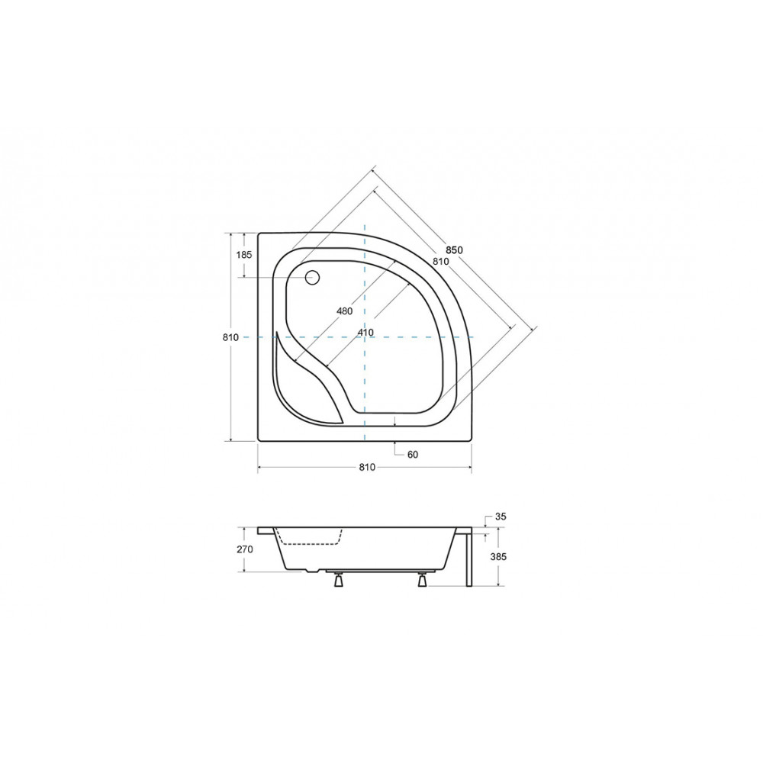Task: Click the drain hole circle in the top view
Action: coord(312,278)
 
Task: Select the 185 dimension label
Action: coord(244,254)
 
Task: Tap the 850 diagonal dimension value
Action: coord(454,250)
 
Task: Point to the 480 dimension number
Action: coord(345,311)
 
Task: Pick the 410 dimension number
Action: coord(365,333)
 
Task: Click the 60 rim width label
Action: coord(413,455)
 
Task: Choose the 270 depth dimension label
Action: coord(245,549)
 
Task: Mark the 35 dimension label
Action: coord(501,517)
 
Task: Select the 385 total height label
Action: coord(498,557)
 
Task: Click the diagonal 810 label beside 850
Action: coord(441,261)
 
